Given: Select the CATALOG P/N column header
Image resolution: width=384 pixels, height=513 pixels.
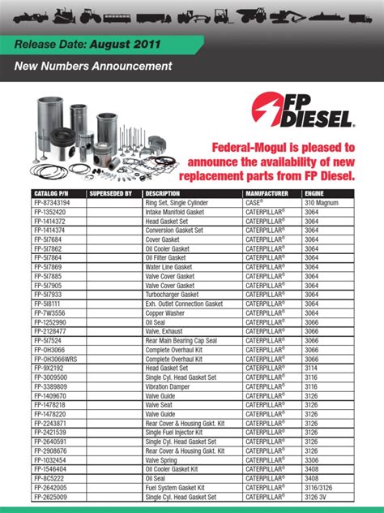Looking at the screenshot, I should (50, 193).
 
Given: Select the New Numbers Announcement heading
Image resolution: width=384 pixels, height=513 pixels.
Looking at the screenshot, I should (93, 65).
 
